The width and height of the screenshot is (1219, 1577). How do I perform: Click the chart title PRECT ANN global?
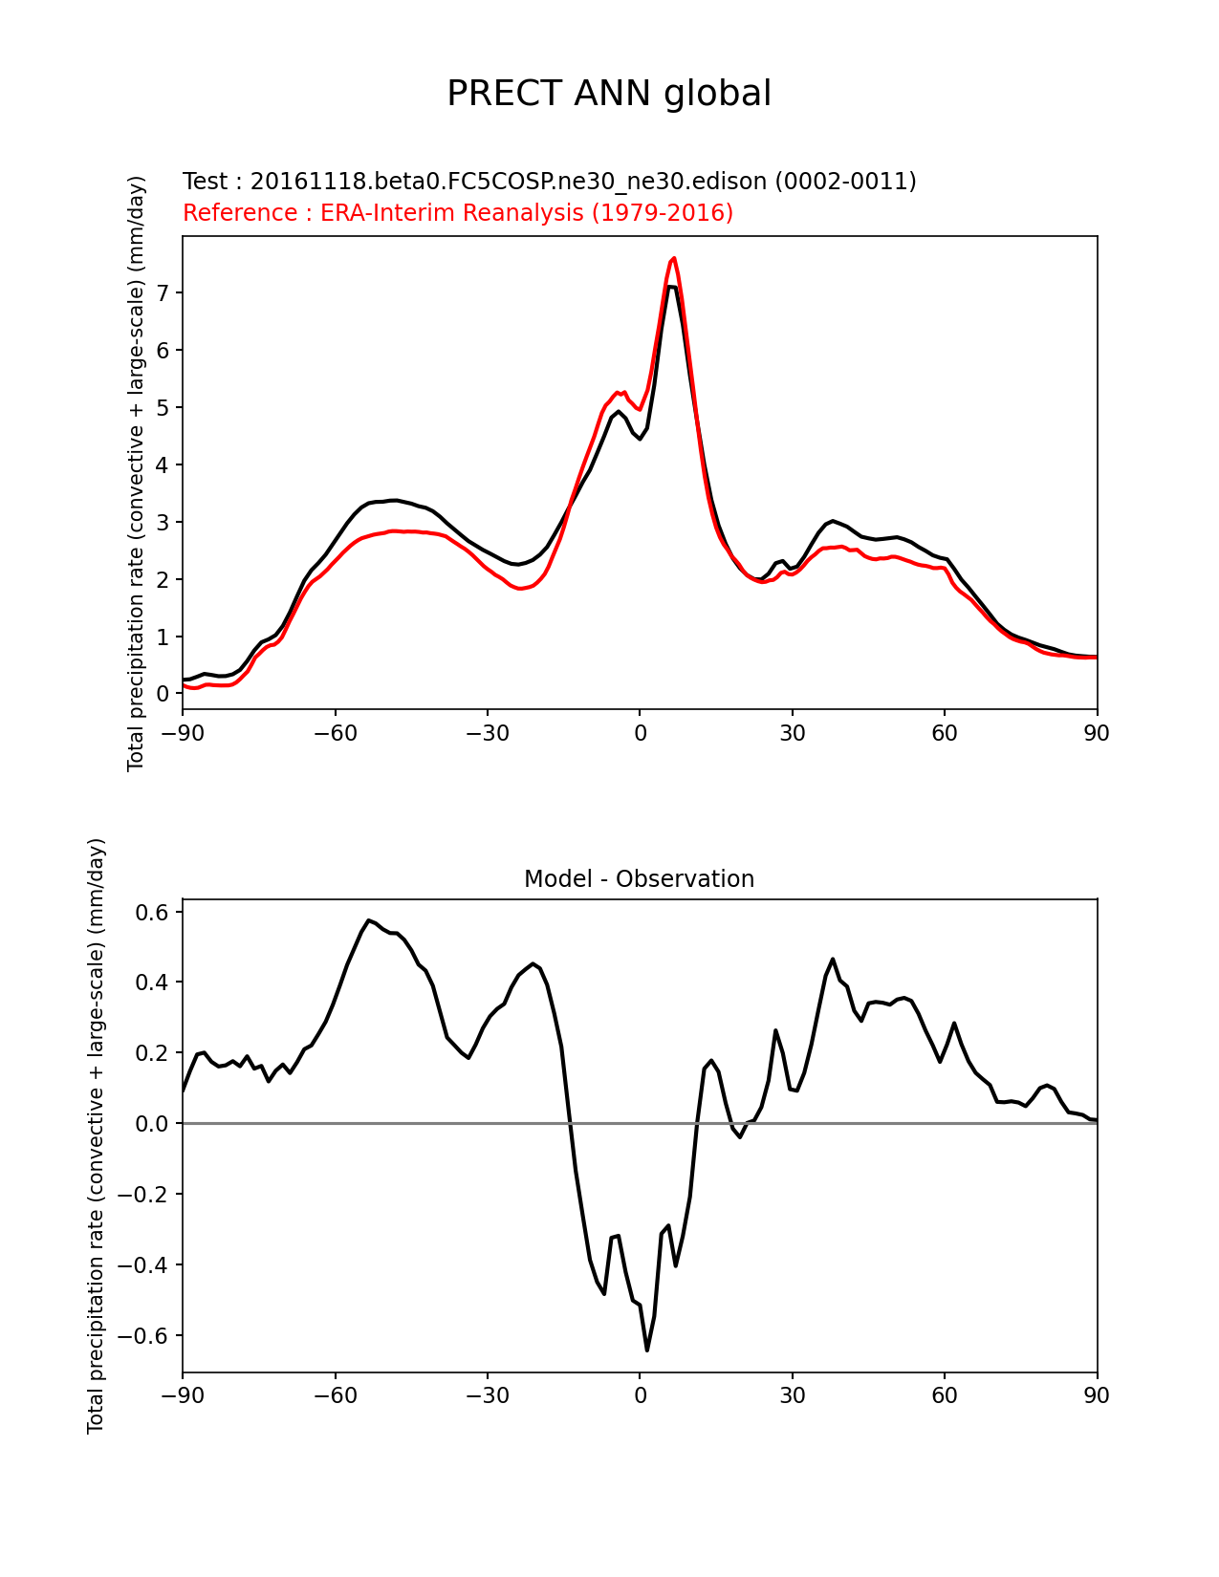tap(608, 94)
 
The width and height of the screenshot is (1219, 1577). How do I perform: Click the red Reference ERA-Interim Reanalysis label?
tap(458, 212)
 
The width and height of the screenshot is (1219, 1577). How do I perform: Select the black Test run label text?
tap(550, 181)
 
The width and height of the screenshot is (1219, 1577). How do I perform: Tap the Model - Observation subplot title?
tap(639, 879)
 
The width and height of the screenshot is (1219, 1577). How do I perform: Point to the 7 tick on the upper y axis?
tap(163, 293)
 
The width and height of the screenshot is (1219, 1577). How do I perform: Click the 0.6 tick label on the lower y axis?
tap(152, 912)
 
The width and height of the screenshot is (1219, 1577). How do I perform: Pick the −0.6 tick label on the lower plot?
tap(143, 1336)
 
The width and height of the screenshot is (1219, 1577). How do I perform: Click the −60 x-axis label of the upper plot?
tap(336, 734)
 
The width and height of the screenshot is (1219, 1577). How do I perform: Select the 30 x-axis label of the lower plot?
tap(792, 1395)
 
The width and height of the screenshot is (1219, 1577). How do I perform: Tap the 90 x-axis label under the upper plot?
tap(1097, 734)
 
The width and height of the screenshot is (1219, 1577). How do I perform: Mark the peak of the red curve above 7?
tap(674, 258)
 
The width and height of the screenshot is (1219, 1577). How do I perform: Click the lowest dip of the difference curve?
tap(647, 1350)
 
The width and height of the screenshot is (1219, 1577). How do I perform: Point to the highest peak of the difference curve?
tap(369, 920)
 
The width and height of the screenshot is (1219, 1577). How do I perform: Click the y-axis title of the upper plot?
tap(136, 473)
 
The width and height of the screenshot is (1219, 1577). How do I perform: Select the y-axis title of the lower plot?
tap(96, 1135)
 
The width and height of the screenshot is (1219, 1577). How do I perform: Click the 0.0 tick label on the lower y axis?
tap(152, 1124)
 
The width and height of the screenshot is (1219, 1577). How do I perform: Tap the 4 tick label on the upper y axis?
tap(163, 465)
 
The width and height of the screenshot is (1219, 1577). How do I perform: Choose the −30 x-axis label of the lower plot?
tap(488, 1395)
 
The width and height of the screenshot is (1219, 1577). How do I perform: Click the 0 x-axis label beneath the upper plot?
tap(641, 734)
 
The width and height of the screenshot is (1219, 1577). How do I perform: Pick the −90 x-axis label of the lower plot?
tap(183, 1395)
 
